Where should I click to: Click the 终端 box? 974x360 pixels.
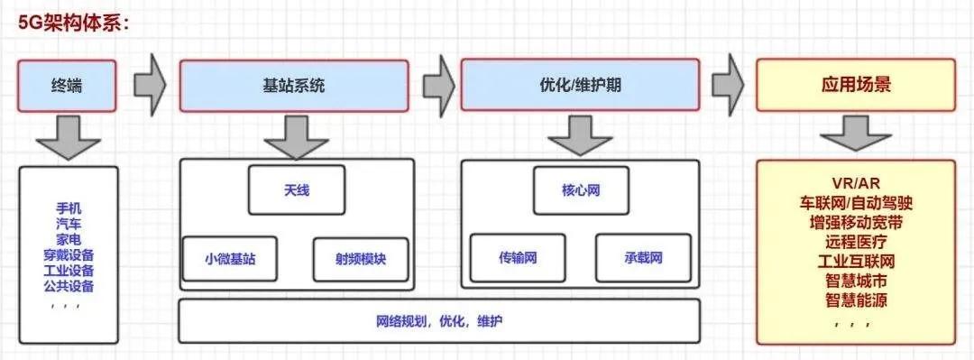(69, 86)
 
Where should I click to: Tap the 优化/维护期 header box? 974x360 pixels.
(580, 86)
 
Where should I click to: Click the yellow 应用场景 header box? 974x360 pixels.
(855, 86)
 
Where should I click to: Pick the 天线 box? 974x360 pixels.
(296, 190)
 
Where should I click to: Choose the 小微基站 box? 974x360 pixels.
(230, 259)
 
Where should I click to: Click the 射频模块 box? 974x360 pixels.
(360, 259)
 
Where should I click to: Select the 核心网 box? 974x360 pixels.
(580, 190)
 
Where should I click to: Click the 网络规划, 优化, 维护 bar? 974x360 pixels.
(440, 320)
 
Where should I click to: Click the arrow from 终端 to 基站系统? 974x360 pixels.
(150, 84)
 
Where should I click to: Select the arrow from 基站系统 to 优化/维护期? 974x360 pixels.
(437, 84)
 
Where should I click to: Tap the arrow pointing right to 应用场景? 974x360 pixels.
(727, 84)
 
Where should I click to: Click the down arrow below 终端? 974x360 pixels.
(69, 137)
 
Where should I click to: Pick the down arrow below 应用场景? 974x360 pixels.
(855, 137)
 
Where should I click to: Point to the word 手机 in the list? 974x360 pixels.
(69, 208)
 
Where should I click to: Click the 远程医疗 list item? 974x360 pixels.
(855, 242)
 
